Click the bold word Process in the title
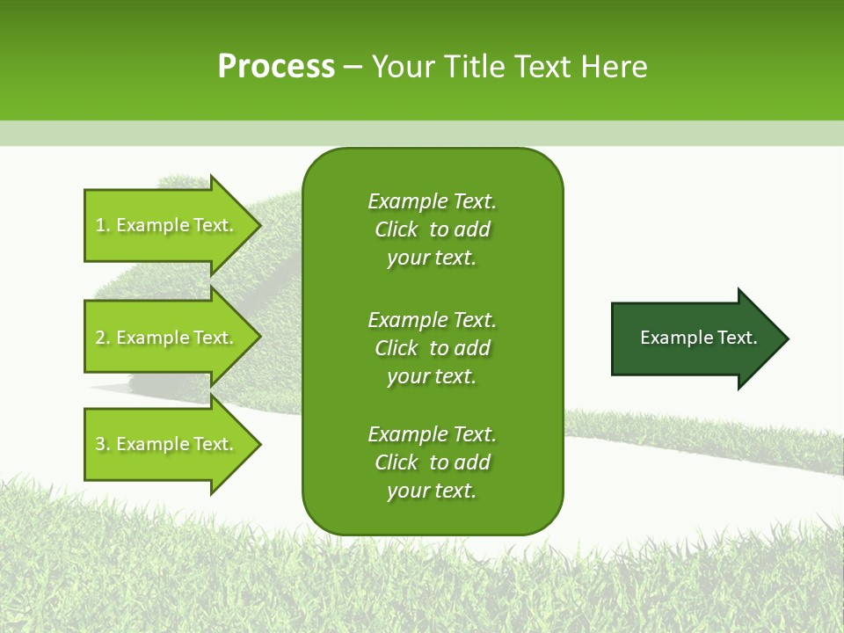click(x=276, y=67)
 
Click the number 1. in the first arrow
click(x=102, y=226)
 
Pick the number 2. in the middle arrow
click(x=102, y=338)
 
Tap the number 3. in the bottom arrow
click(x=102, y=445)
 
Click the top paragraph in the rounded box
click(x=432, y=229)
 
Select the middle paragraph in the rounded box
click(x=432, y=348)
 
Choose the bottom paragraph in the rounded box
click(x=432, y=462)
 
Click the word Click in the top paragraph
click(x=397, y=229)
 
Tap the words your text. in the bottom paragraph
click(x=432, y=491)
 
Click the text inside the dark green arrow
click(x=699, y=338)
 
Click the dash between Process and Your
click(x=353, y=68)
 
